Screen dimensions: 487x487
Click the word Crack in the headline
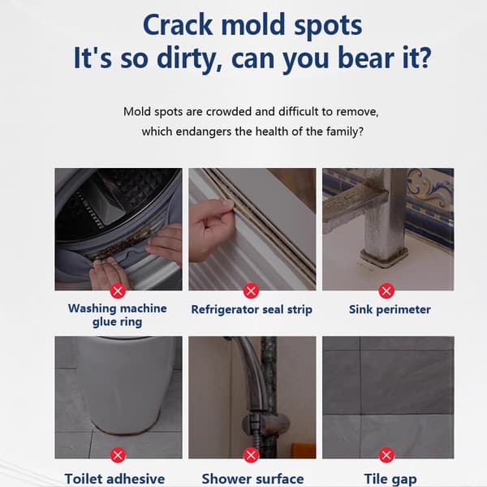[178, 25]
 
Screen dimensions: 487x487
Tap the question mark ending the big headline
[424, 57]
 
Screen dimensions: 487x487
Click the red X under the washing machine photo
[118, 291]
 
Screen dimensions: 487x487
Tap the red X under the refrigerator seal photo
[252, 291]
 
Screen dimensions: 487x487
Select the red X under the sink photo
[386, 291]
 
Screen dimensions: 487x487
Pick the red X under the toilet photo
[118, 455]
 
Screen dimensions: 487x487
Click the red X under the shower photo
[252, 455]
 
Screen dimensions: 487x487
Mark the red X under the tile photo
[386, 455]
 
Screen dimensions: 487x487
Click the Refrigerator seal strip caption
[252, 310]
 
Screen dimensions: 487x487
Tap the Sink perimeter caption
[390, 310]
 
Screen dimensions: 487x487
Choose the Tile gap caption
[390, 479]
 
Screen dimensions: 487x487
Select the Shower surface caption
[252, 479]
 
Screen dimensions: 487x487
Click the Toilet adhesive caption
[114, 479]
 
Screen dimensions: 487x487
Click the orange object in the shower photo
[300, 450]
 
